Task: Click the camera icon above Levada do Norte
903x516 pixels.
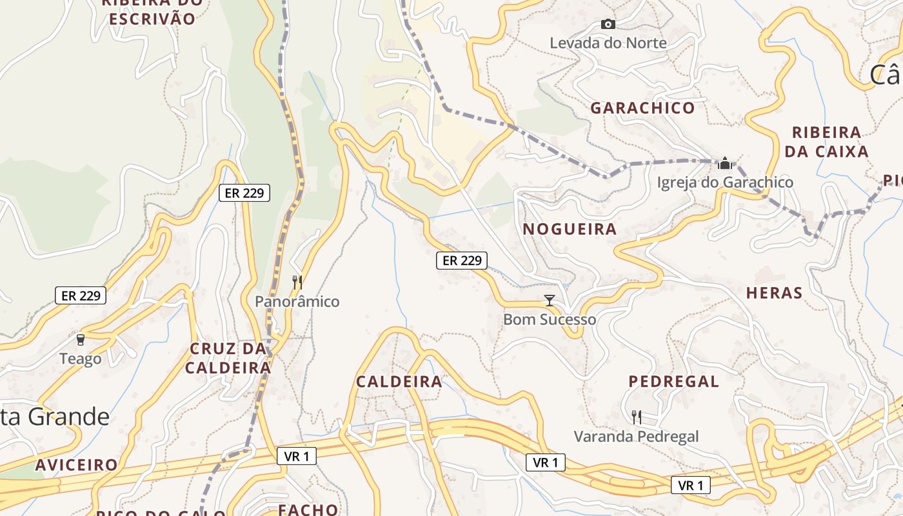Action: click(608, 25)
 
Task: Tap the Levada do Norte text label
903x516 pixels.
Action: click(608, 43)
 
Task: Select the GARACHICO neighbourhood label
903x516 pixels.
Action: click(642, 108)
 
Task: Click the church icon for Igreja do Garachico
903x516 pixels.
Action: click(725, 163)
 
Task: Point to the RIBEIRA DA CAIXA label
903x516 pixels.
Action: click(827, 142)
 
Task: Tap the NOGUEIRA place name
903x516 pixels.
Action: click(570, 229)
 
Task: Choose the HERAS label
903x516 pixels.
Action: click(774, 293)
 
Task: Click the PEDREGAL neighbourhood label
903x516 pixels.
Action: click(674, 381)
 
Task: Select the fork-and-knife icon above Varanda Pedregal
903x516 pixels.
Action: click(637, 417)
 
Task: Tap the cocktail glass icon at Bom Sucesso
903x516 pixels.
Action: click(550, 300)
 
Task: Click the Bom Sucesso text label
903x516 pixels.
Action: click(550, 319)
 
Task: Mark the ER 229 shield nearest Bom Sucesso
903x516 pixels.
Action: click(461, 261)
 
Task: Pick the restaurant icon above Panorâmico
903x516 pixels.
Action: click(297, 282)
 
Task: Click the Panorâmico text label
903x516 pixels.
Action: click(297, 301)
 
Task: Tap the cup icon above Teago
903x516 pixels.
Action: click(81, 339)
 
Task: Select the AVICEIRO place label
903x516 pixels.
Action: click(77, 465)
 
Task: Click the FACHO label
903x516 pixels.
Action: click(308, 510)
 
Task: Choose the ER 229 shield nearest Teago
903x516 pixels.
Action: click(81, 295)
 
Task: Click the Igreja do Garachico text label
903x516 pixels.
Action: click(725, 183)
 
